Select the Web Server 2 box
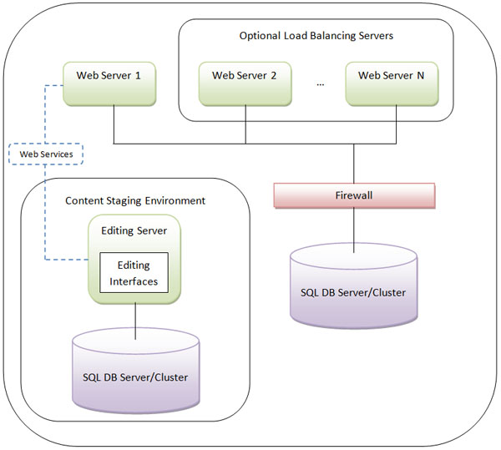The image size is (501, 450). click(x=245, y=82)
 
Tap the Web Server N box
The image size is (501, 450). click(x=391, y=82)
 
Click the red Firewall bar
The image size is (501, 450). click(x=354, y=195)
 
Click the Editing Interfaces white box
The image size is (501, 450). click(x=134, y=272)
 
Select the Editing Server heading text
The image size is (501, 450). click(x=134, y=230)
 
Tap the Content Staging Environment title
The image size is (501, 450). click(x=135, y=201)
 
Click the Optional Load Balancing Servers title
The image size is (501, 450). click(x=316, y=36)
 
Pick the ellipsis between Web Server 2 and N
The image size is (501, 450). click(x=321, y=82)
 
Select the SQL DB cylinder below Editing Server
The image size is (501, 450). click(x=135, y=368)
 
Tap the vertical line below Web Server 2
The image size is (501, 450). click(x=245, y=124)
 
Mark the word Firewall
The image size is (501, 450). click(x=354, y=195)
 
